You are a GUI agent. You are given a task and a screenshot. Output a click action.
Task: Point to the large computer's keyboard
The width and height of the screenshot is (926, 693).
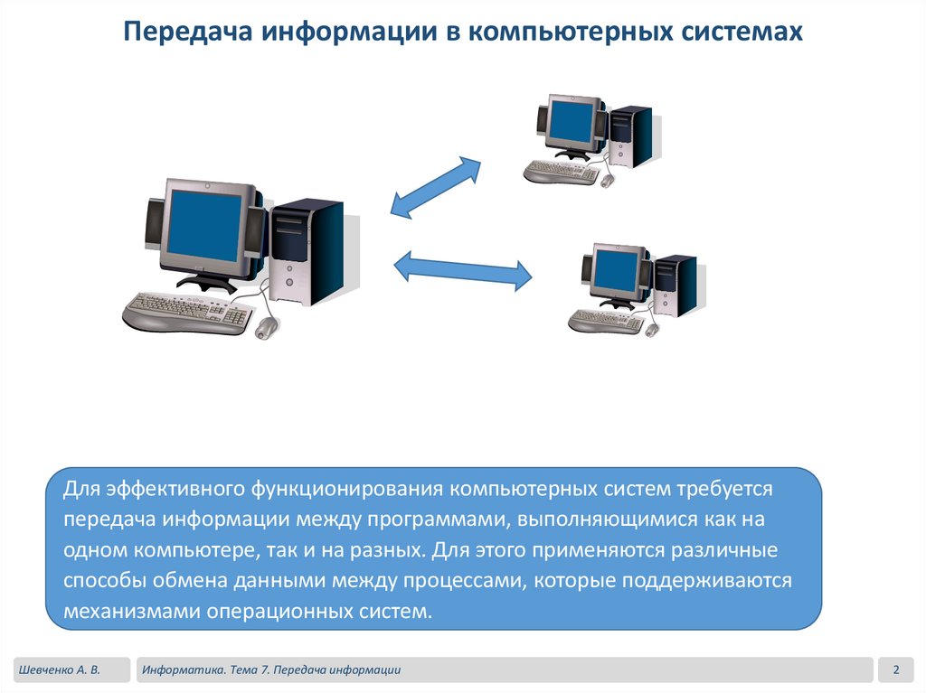click(188, 313)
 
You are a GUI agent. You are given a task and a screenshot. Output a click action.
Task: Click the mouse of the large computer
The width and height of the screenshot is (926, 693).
click(267, 327)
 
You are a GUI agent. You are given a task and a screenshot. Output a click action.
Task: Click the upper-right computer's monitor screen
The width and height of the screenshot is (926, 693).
click(572, 121)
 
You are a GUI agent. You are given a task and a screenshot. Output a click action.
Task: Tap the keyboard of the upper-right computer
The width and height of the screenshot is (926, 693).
click(562, 172)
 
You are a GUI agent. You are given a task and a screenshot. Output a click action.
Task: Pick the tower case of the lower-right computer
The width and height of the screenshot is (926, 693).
click(675, 285)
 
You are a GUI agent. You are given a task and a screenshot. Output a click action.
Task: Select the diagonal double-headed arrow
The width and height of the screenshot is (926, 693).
click(436, 186)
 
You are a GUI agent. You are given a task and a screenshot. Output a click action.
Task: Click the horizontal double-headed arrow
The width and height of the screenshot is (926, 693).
click(463, 270)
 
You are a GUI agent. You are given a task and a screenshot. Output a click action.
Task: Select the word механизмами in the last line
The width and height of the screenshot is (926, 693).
click(132, 611)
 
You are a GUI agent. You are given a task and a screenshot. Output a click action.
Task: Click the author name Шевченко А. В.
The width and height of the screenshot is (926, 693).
click(60, 670)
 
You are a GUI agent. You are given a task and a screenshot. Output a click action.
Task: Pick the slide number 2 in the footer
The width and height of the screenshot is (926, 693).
click(896, 670)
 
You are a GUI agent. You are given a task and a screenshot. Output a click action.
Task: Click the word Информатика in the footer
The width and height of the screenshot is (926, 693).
click(183, 670)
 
